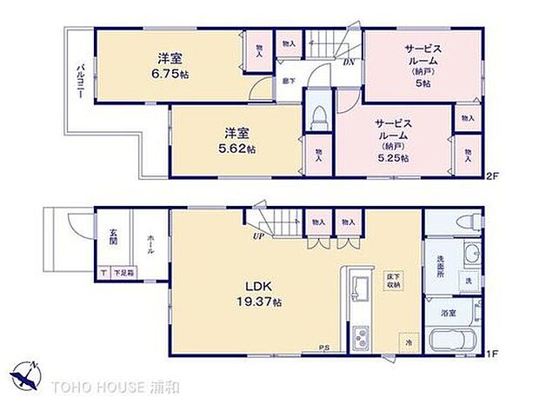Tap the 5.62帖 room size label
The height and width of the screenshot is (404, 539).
pyautogui.click(x=238, y=149)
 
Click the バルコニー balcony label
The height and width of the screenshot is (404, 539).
pyautogui.click(x=79, y=83)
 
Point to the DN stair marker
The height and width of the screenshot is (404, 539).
pyautogui.click(x=348, y=63)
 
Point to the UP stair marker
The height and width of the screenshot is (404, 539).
pyautogui.click(x=259, y=235)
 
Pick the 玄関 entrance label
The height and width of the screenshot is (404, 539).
pyautogui.click(x=114, y=235)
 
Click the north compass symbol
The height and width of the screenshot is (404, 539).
pyautogui.click(x=28, y=375)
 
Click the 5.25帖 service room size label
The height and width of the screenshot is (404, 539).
pyautogui.click(x=394, y=159)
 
